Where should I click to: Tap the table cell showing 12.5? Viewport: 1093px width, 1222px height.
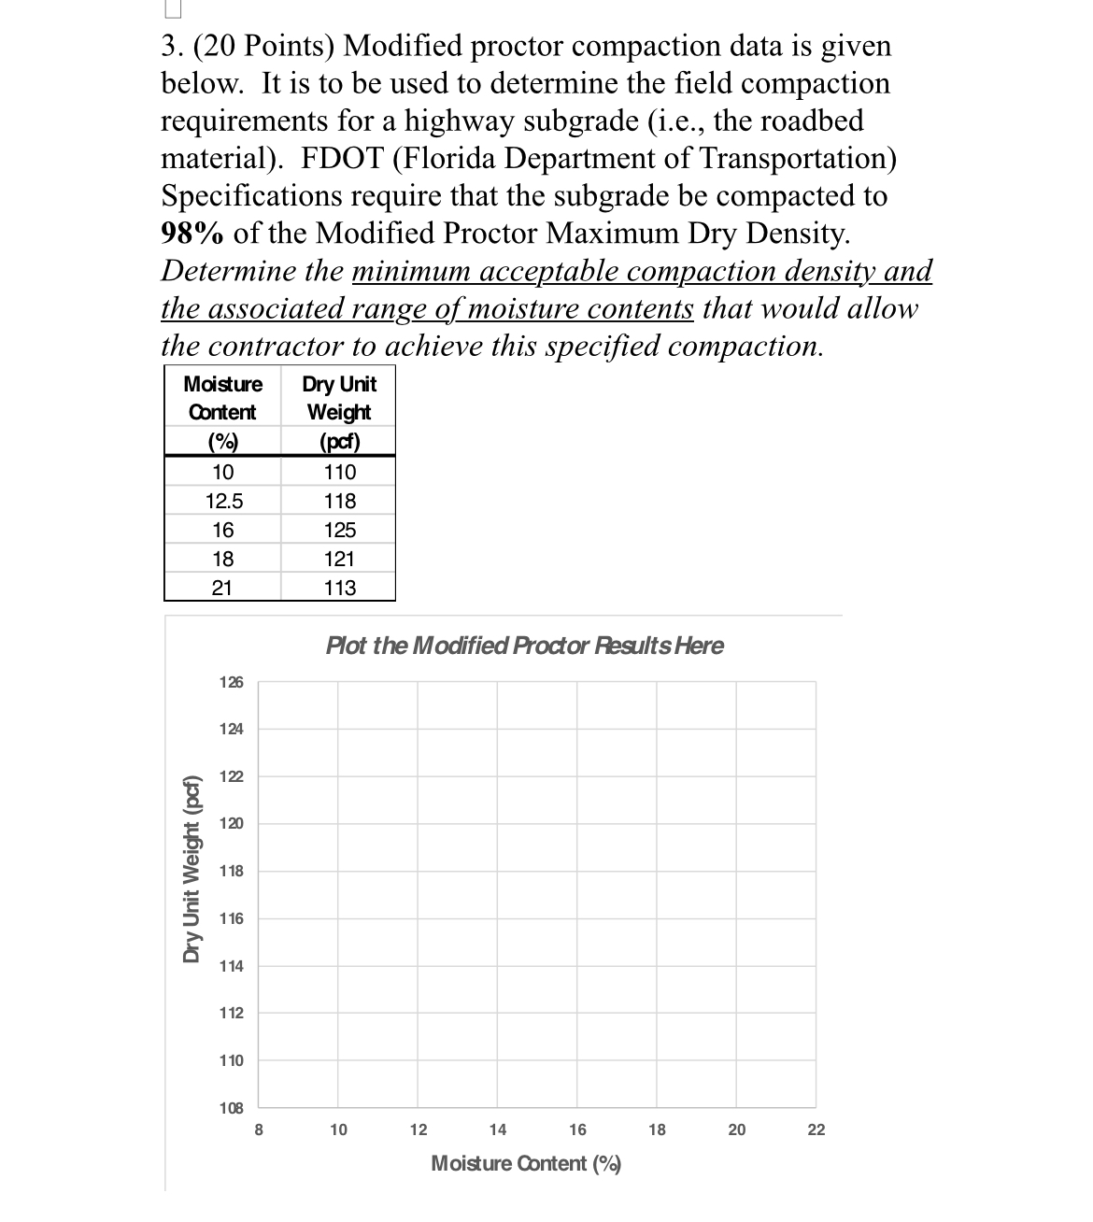tap(223, 502)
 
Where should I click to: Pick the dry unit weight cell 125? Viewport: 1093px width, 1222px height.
tap(339, 531)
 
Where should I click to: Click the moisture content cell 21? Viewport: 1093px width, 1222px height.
tap(222, 589)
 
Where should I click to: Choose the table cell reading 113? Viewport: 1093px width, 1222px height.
tap(339, 589)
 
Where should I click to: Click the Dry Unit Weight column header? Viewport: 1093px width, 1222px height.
tap(339, 398)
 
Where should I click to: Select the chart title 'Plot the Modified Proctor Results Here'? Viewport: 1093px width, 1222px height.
tap(524, 646)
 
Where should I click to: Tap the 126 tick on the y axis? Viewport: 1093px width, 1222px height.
tap(232, 682)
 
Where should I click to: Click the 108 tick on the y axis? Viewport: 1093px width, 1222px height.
tap(232, 1108)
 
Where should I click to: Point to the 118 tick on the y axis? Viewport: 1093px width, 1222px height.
tap(232, 871)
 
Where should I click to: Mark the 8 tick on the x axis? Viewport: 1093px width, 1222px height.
tap(259, 1130)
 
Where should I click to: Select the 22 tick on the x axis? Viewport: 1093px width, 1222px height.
tap(816, 1130)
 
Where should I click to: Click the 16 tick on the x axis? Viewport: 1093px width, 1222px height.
tap(577, 1130)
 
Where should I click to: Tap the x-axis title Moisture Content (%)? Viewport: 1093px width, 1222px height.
tap(526, 1164)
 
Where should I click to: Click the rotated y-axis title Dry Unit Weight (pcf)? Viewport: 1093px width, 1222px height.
tap(192, 869)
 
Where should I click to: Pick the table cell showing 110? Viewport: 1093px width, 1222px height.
tap(339, 473)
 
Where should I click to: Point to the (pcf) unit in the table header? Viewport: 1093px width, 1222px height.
tap(339, 441)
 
